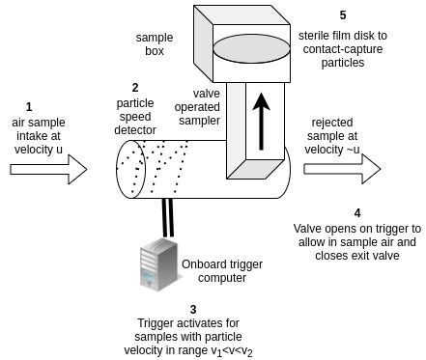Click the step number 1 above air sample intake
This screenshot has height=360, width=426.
tap(29, 106)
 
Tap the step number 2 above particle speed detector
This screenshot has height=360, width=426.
tap(135, 87)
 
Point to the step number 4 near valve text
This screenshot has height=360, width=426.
tap(357, 212)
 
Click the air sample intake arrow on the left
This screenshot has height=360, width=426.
tap(48, 170)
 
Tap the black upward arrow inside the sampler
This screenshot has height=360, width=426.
tap(260, 119)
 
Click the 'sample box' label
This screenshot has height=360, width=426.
tap(155, 44)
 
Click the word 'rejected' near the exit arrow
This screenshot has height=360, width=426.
tap(334, 123)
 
